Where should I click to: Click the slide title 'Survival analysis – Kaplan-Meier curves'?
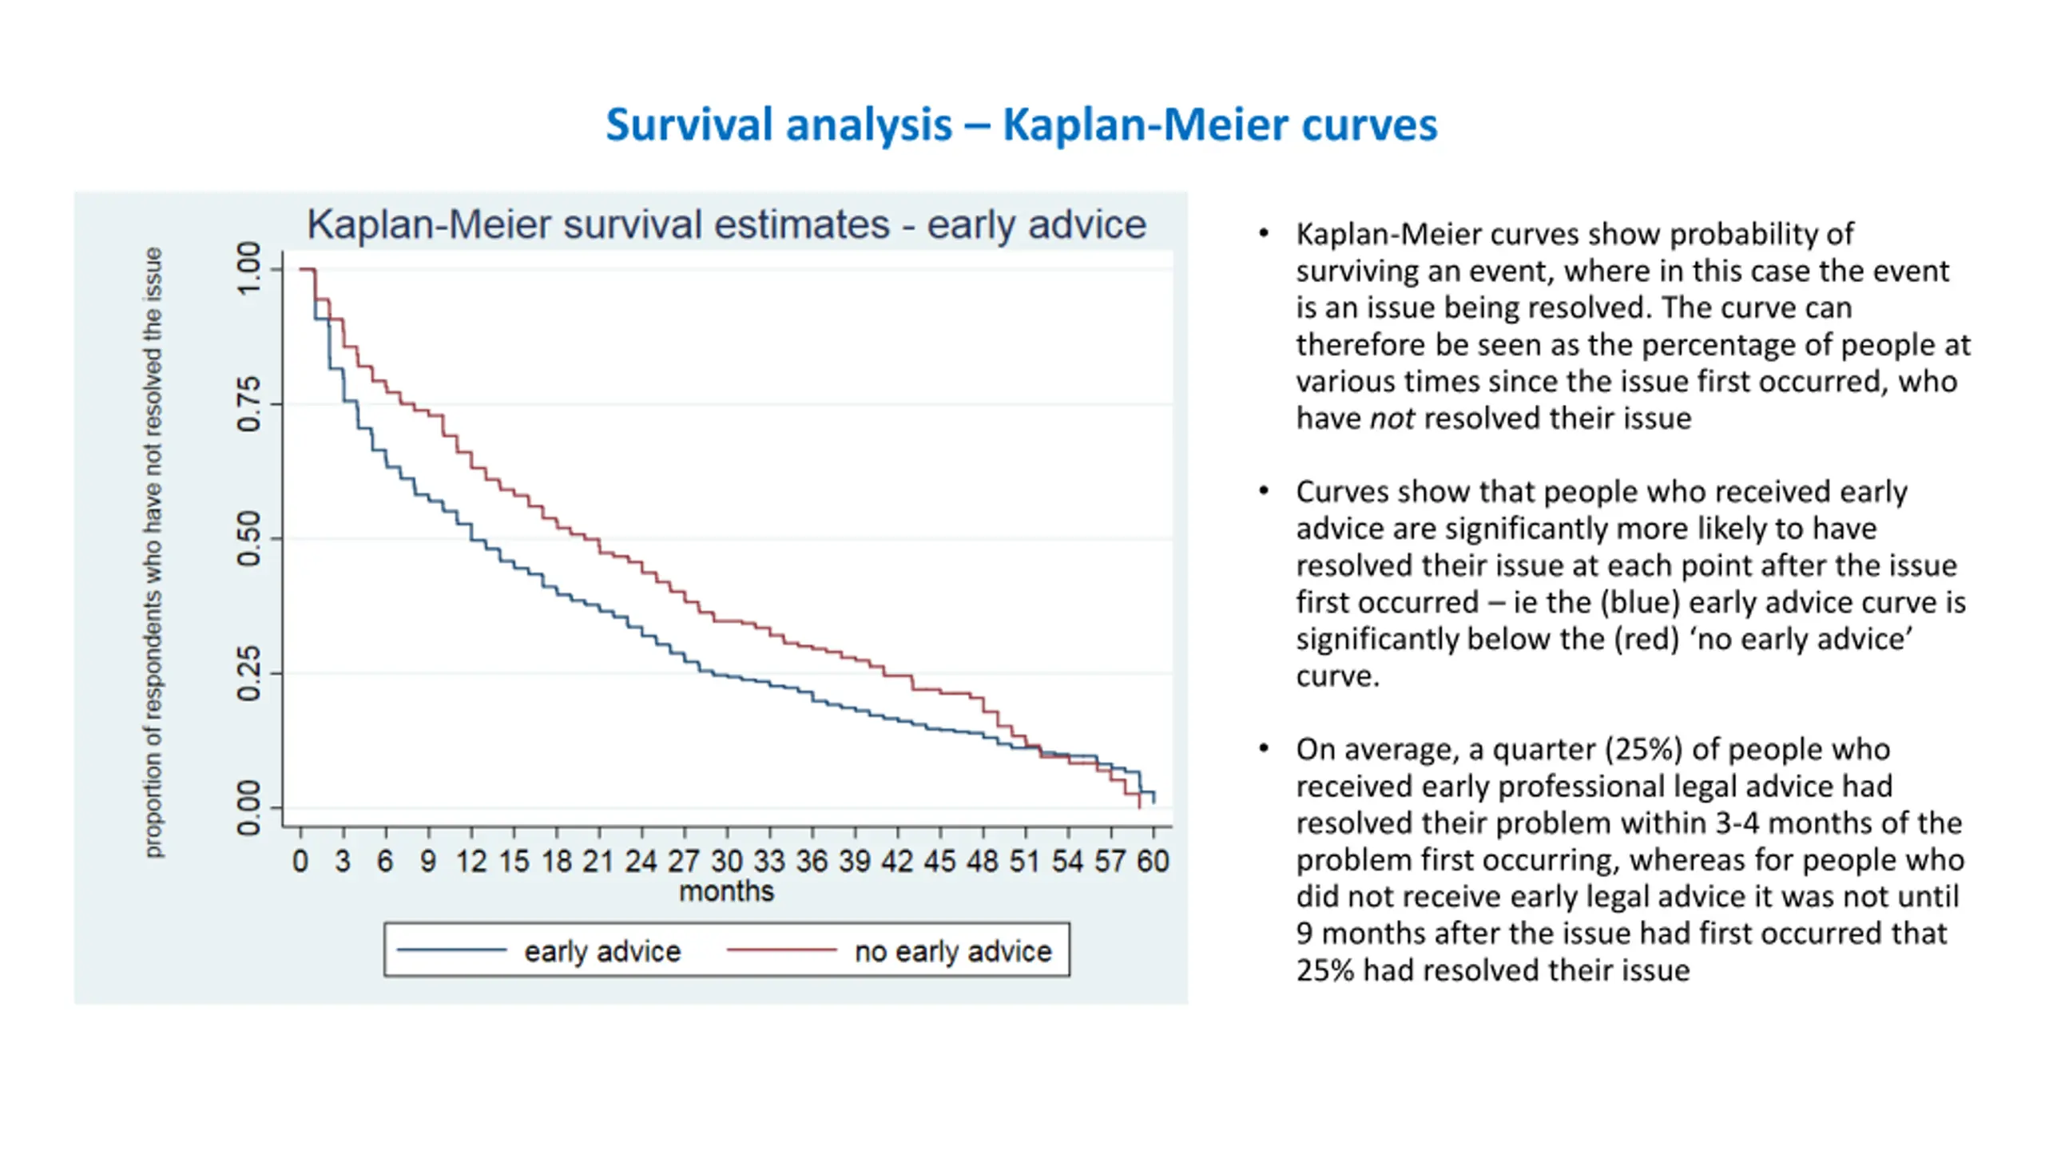click(1021, 125)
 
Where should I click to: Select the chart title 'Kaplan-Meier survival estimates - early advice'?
click(726, 224)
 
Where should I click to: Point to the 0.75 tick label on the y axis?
click(249, 405)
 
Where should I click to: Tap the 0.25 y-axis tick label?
click(249, 673)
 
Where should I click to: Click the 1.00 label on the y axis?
click(249, 268)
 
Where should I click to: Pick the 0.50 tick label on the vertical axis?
click(249, 539)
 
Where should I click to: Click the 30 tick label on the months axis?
click(726, 861)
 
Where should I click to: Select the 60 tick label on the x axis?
click(1153, 861)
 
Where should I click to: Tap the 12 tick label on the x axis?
click(471, 861)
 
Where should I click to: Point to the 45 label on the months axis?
click(939, 861)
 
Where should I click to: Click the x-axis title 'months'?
click(726, 891)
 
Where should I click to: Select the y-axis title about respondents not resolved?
click(153, 552)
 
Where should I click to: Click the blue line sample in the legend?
click(451, 950)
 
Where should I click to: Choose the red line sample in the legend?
click(781, 950)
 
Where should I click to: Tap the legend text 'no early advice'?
click(952, 951)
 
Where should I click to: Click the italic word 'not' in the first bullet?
click(1392, 418)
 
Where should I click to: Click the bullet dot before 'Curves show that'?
click(1263, 490)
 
